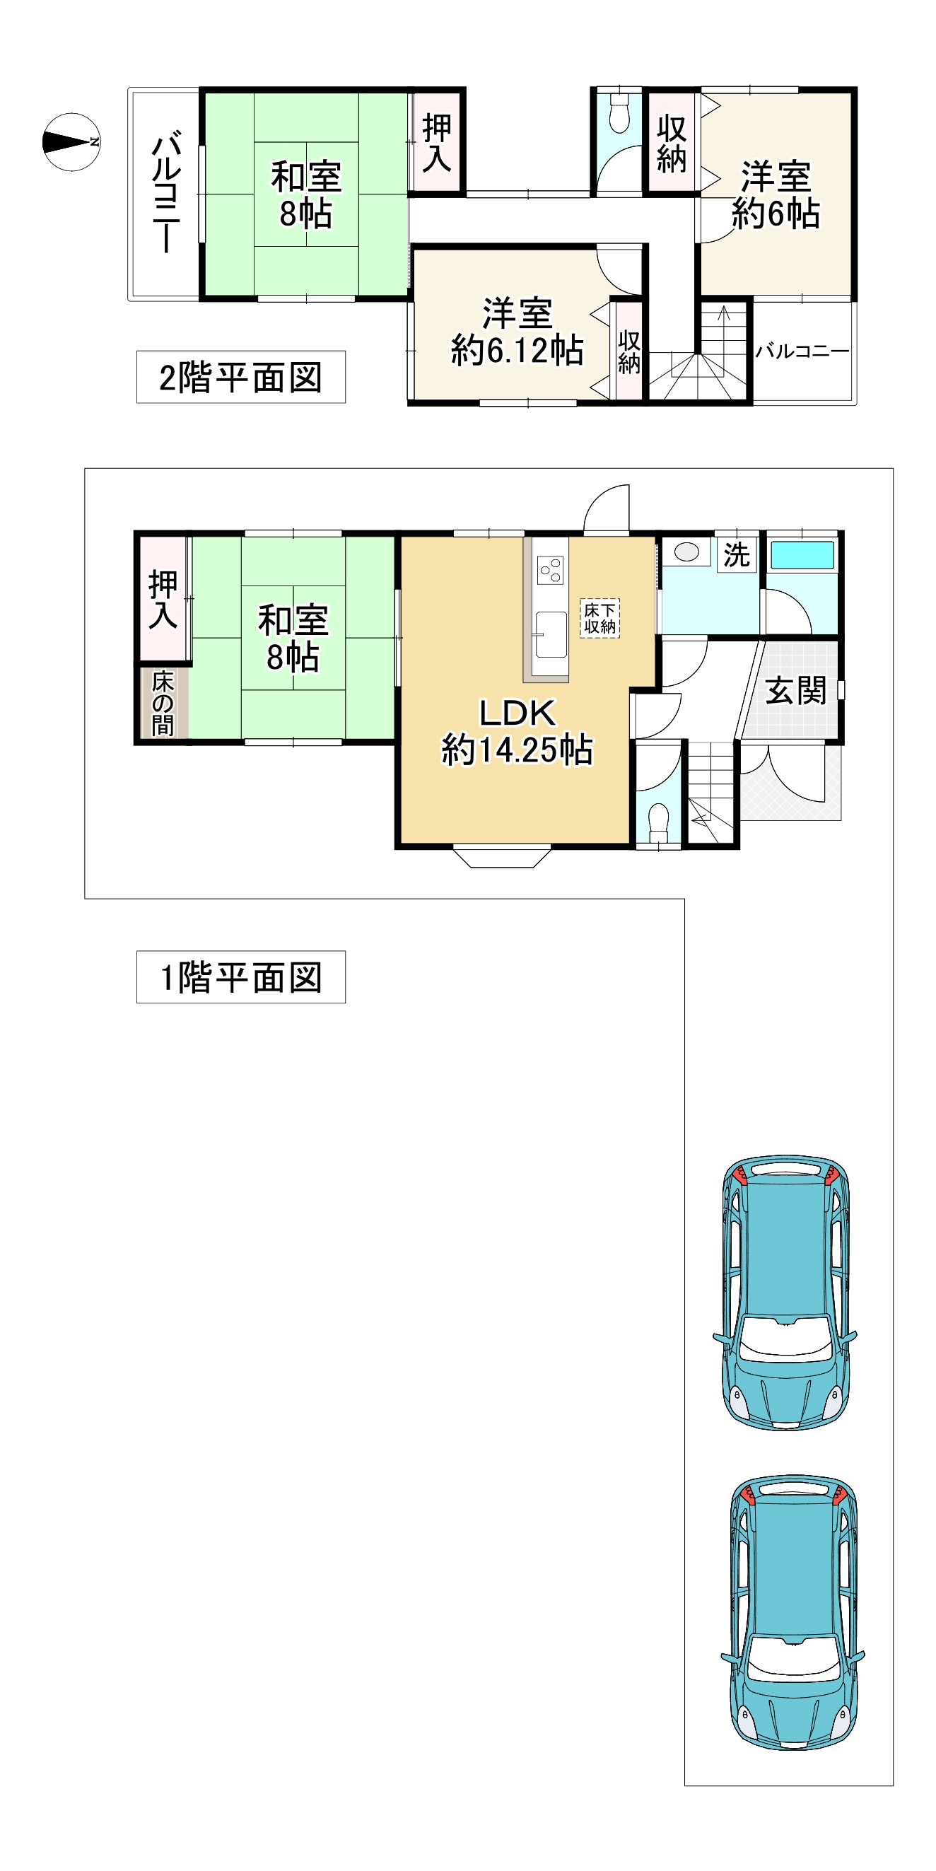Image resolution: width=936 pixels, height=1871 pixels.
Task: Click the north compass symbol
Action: click(x=71, y=141)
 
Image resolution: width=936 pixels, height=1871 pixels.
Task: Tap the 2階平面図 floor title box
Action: click(x=240, y=377)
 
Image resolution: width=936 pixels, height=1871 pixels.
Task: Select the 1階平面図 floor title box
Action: click(x=240, y=977)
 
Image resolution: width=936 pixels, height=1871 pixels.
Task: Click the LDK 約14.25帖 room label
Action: click(x=517, y=731)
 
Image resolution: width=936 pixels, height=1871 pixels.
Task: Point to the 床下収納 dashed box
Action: click(x=599, y=618)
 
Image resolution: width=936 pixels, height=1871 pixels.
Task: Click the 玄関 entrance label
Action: click(x=796, y=690)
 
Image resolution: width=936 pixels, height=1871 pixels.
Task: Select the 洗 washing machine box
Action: click(x=737, y=555)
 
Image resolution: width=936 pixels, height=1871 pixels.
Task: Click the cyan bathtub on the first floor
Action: click(x=802, y=555)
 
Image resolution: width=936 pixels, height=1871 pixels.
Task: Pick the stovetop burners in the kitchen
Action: click(x=550, y=569)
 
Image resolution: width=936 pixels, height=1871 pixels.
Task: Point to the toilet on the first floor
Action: click(x=659, y=822)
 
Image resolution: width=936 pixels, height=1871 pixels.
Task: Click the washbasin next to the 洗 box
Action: click(x=686, y=552)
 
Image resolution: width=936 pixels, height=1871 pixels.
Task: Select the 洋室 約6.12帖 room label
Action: click(x=517, y=332)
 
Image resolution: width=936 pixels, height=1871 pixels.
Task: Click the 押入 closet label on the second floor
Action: click(x=437, y=143)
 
